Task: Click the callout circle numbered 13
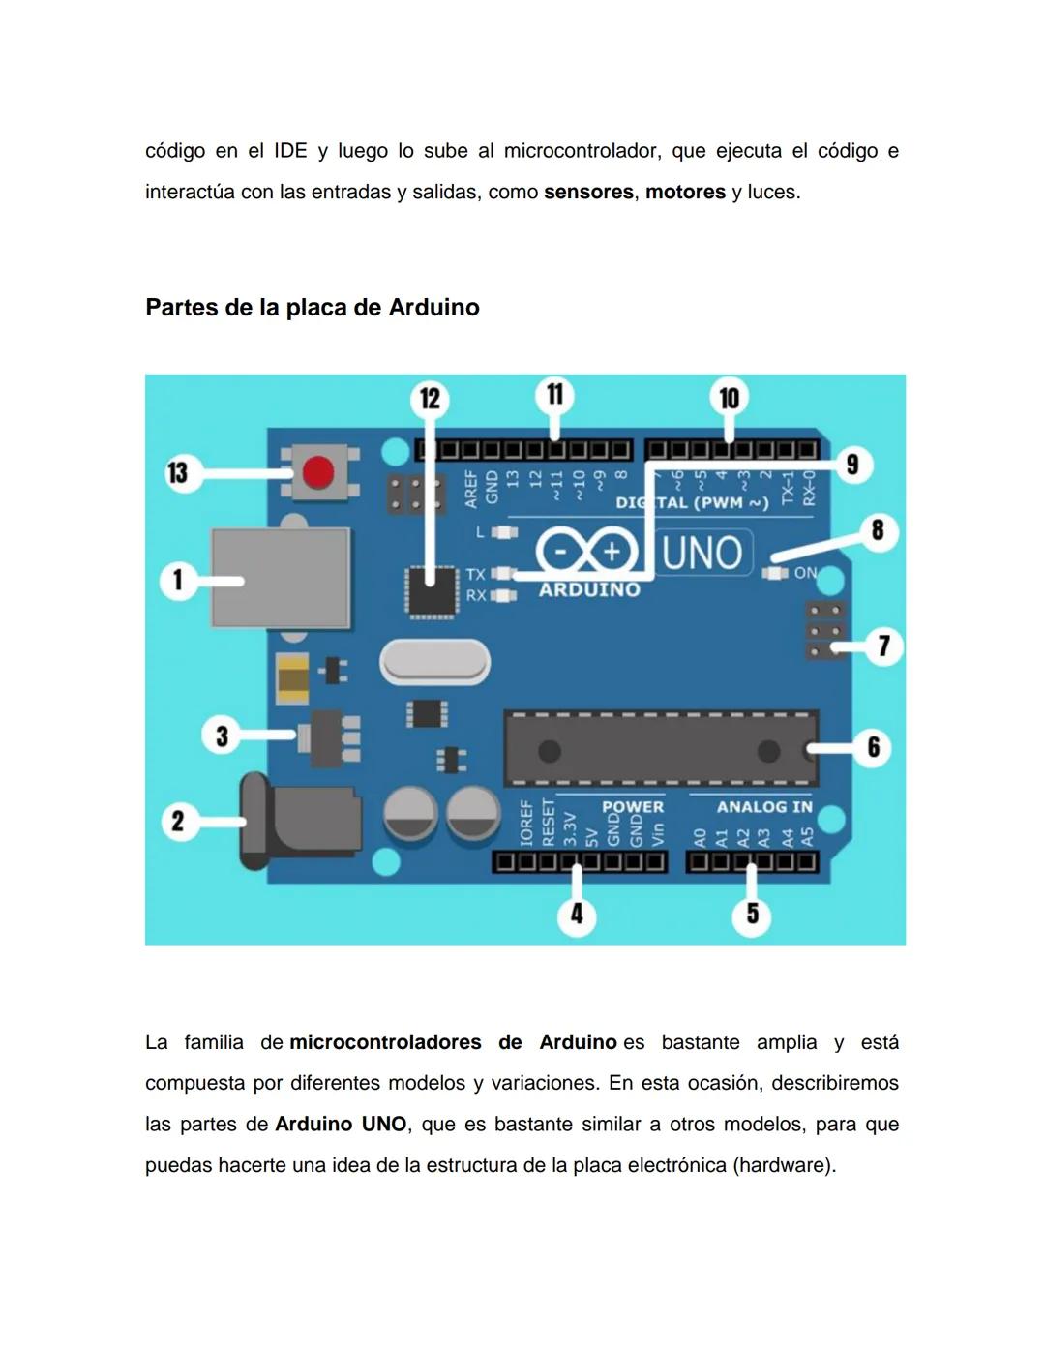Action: [178, 473]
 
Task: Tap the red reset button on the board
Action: [317, 473]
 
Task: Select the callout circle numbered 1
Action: [178, 581]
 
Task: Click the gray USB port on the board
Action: [281, 578]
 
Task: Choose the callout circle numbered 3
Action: [222, 736]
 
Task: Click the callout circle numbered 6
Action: [873, 747]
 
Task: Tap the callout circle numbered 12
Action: [430, 399]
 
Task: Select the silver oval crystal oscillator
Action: [434, 663]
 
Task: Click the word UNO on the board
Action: [702, 554]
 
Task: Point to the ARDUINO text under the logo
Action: [589, 589]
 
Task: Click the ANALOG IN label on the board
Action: [764, 806]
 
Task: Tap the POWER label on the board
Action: [633, 806]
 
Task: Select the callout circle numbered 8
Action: [878, 530]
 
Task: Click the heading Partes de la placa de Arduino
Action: [313, 307]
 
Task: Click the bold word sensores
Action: [588, 192]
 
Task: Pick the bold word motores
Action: [685, 192]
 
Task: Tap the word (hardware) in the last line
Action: [784, 1165]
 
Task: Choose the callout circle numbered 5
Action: [752, 915]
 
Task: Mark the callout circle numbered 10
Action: [729, 398]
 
